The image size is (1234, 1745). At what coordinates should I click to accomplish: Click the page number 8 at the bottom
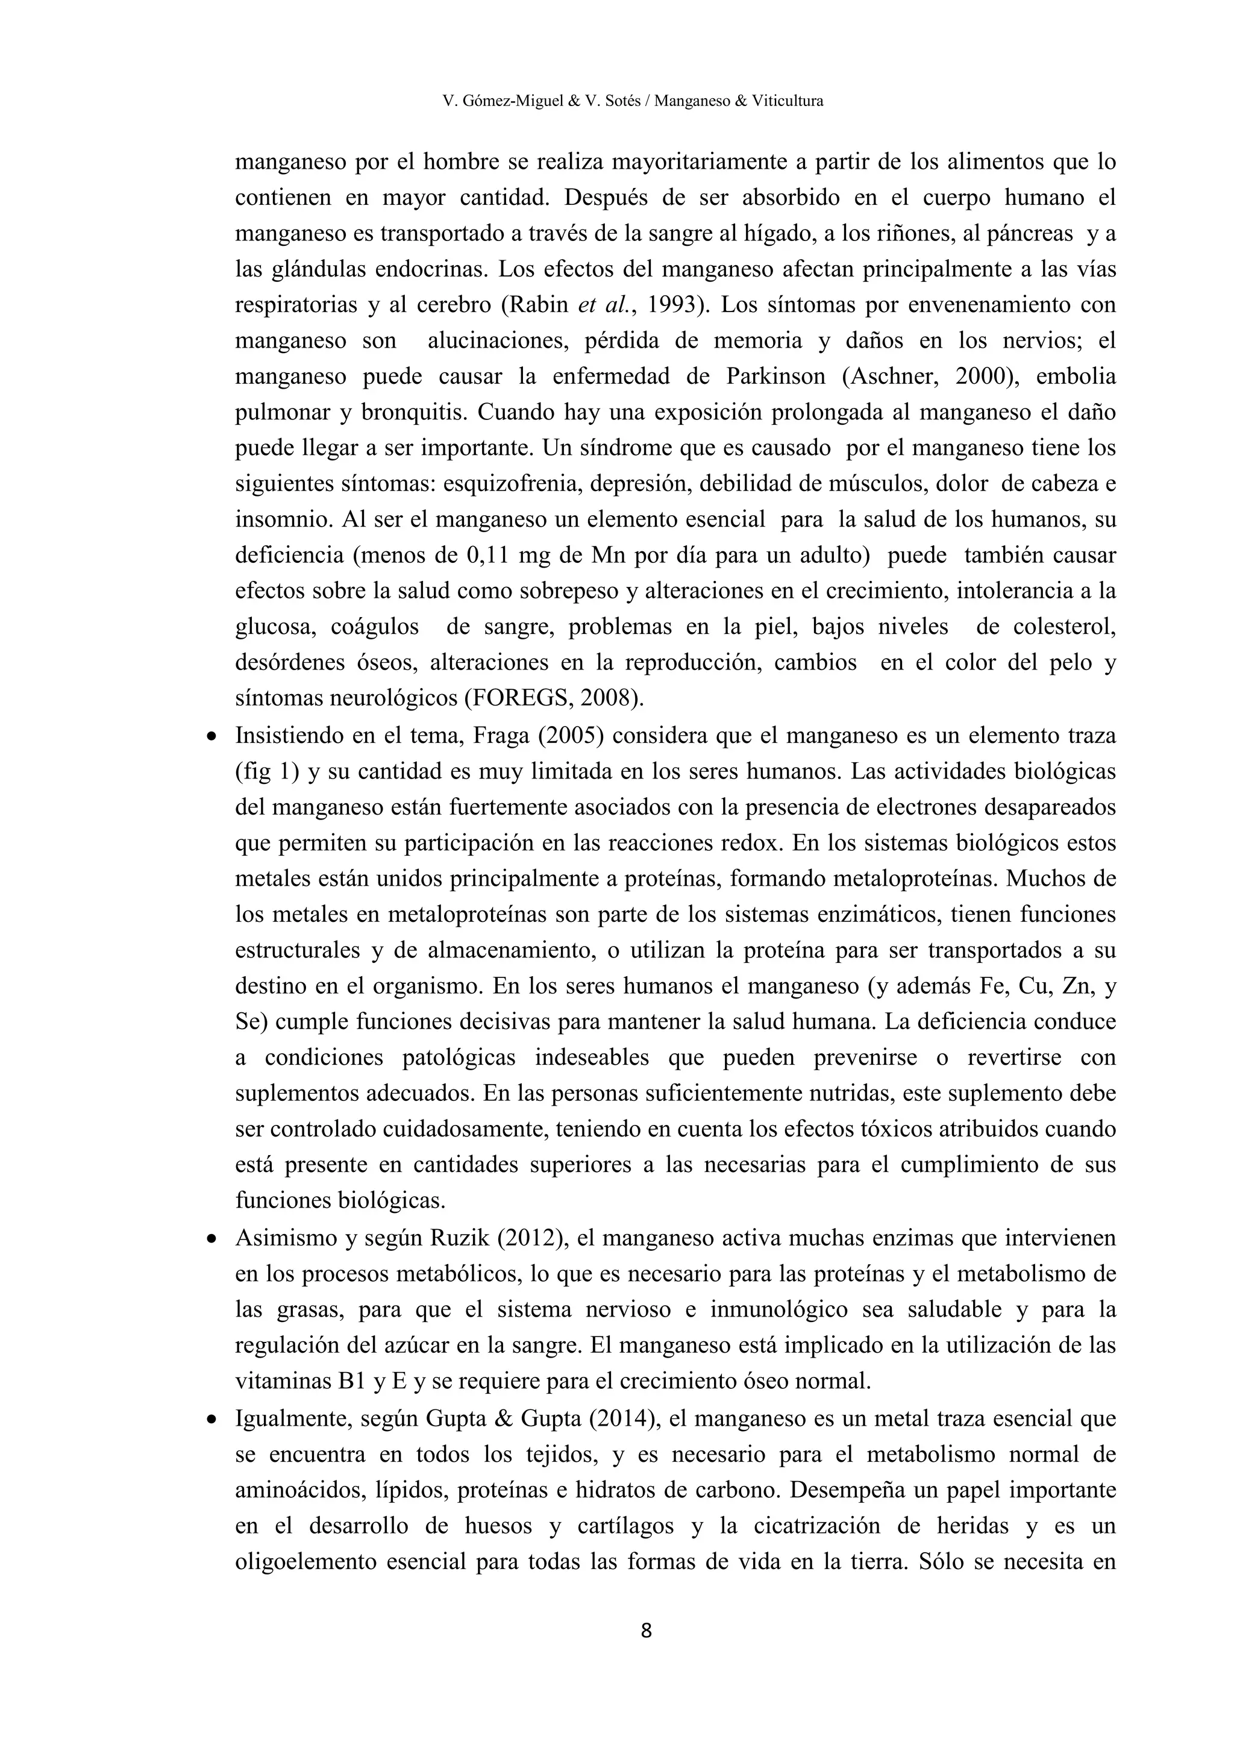tap(646, 1631)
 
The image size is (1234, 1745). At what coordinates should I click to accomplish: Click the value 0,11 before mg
tap(486, 556)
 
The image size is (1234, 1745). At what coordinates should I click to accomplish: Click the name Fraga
tap(501, 736)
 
